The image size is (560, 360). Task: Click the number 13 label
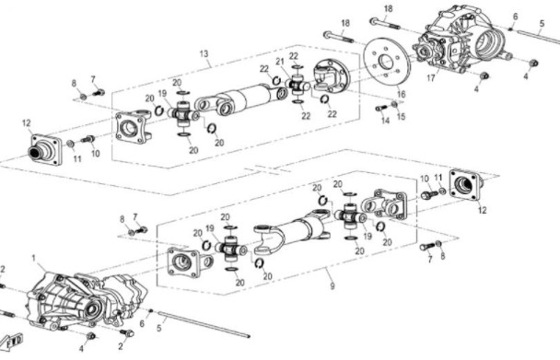point(204,54)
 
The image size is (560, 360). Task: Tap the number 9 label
point(332,285)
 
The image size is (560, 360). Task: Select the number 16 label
point(402,94)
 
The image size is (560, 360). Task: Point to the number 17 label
point(431,78)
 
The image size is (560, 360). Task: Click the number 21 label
point(280,62)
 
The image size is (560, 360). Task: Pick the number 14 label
point(385,121)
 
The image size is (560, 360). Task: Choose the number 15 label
point(401,117)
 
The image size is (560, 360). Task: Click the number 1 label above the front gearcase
point(34,258)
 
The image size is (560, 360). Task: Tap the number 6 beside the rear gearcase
point(515,17)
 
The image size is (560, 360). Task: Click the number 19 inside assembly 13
point(162,94)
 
